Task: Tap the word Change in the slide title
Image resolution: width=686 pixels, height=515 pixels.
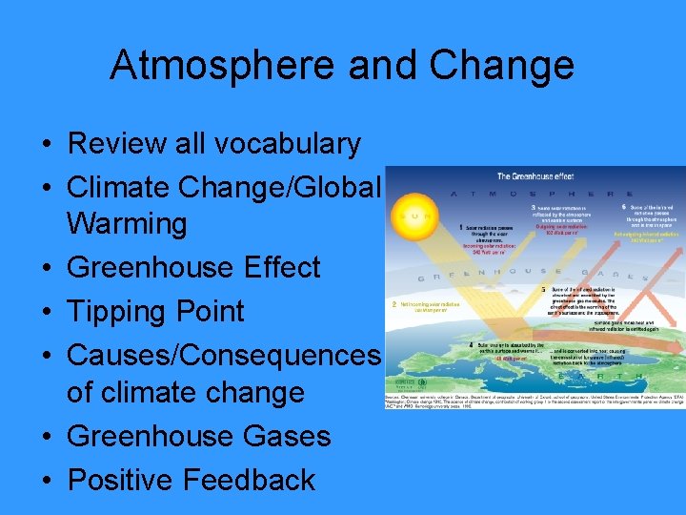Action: tap(502, 65)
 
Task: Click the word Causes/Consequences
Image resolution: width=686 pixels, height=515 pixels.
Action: tap(225, 354)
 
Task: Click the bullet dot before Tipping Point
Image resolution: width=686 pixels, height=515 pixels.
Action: tap(46, 311)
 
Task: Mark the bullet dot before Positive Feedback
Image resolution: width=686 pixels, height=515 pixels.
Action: tap(46, 480)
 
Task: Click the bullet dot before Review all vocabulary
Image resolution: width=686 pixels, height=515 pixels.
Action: tap(46, 144)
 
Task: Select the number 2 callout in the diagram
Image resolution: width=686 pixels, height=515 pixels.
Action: tap(393, 306)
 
